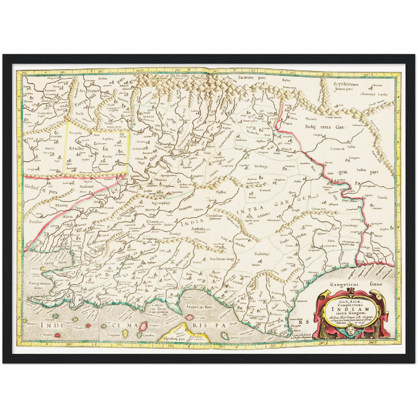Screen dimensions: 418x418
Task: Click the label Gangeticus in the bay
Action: coord(345,284)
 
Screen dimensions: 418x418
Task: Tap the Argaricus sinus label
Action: coord(200,307)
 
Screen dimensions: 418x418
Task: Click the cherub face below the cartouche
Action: coord(350,331)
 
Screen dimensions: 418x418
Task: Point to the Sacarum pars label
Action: coord(250,78)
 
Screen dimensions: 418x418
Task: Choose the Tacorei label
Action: coord(311,119)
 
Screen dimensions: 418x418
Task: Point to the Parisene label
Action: coord(36,222)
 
